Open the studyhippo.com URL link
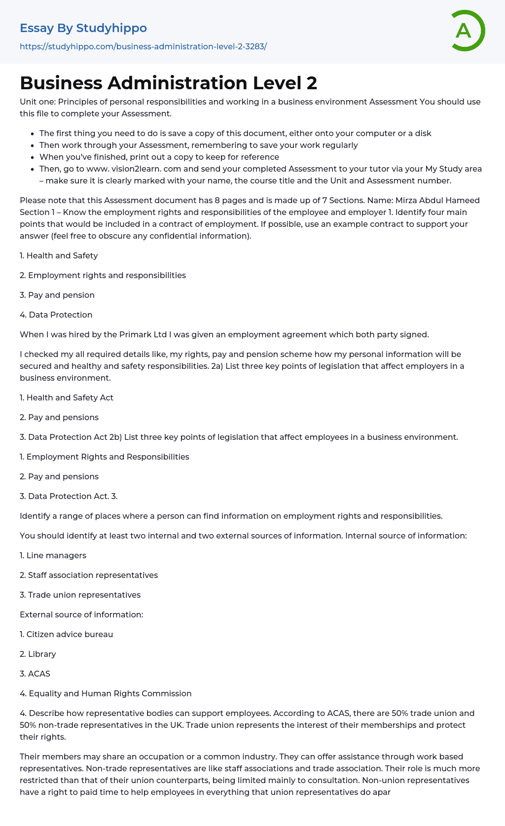point(143,46)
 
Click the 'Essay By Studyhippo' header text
point(83,28)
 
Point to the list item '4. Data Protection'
point(56,315)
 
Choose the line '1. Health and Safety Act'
point(67,397)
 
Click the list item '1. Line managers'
point(53,555)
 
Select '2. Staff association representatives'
point(89,575)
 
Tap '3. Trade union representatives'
point(80,595)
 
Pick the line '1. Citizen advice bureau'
point(66,634)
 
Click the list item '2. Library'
point(38,654)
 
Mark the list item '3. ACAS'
point(35,674)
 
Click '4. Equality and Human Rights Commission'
point(106,693)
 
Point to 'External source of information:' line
point(81,614)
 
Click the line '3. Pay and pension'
point(57,295)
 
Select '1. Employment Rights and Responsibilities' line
point(105,457)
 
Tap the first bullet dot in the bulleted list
point(33,134)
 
